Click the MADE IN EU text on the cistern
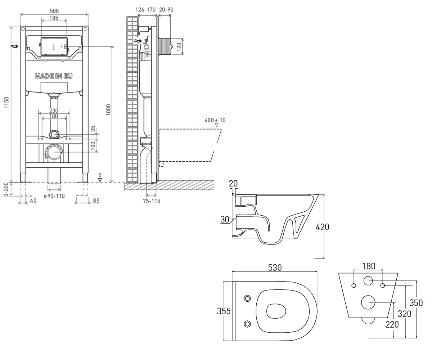point(54,76)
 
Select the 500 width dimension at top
point(54,11)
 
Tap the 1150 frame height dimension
point(6,102)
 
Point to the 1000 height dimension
point(108,110)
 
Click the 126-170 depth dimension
point(145,9)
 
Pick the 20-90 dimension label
point(166,9)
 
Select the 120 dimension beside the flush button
point(179,46)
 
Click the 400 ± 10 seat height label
point(215,120)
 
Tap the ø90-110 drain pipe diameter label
point(54,196)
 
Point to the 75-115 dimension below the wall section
point(152,201)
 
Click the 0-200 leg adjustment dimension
point(6,189)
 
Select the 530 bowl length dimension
point(275,267)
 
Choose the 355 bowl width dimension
point(224,311)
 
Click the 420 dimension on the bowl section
point(322,227)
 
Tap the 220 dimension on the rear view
point(392,325)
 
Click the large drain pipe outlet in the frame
point(54,152)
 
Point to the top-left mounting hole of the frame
point(23,29)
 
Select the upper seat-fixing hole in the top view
point(247,298)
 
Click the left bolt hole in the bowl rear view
point(354,285)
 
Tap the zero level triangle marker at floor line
point(100,180)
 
